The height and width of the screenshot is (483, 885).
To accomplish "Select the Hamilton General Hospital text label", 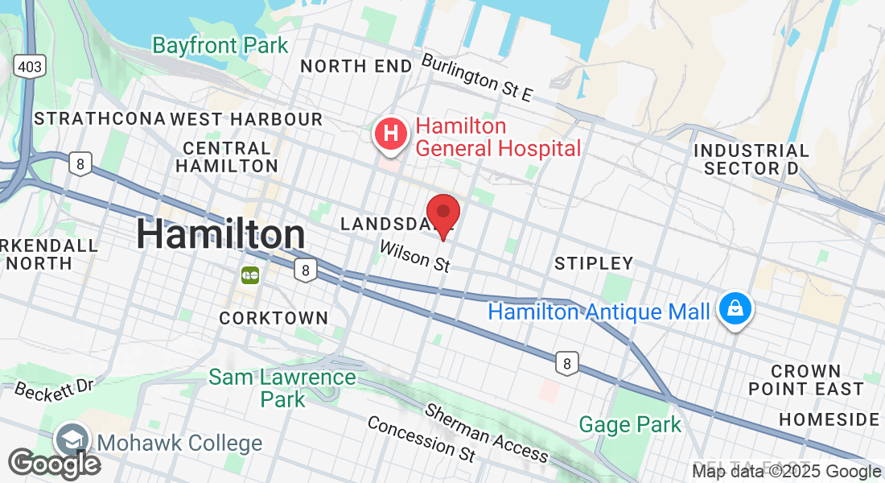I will tap(497, 138).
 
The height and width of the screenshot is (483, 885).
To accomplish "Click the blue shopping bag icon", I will tap(735, 308).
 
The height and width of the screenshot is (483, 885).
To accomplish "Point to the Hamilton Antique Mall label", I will tap(599, 312).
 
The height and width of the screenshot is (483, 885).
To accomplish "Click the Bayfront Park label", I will tap(220, 45).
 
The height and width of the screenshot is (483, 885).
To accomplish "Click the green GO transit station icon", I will tap(249, 275).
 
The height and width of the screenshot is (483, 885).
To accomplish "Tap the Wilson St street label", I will tap(414, 257).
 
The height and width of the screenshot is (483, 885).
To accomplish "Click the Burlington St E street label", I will tap(477, 77).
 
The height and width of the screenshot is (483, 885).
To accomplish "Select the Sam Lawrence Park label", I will tap(282, 388).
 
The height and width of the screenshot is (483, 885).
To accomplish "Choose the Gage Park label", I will tap(630, 424).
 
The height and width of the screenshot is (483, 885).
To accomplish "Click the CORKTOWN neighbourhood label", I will tap(274, 319).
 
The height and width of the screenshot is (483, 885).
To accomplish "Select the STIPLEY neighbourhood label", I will tap(594, 263).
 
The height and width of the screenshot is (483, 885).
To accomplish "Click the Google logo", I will tap(54, 464).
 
